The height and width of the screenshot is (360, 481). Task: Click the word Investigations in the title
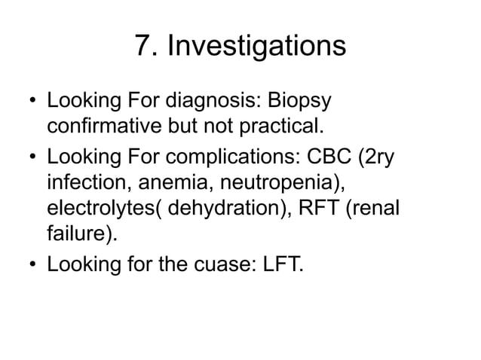tap(256, 47)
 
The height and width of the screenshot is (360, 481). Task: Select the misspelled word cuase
tap(233, 264)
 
